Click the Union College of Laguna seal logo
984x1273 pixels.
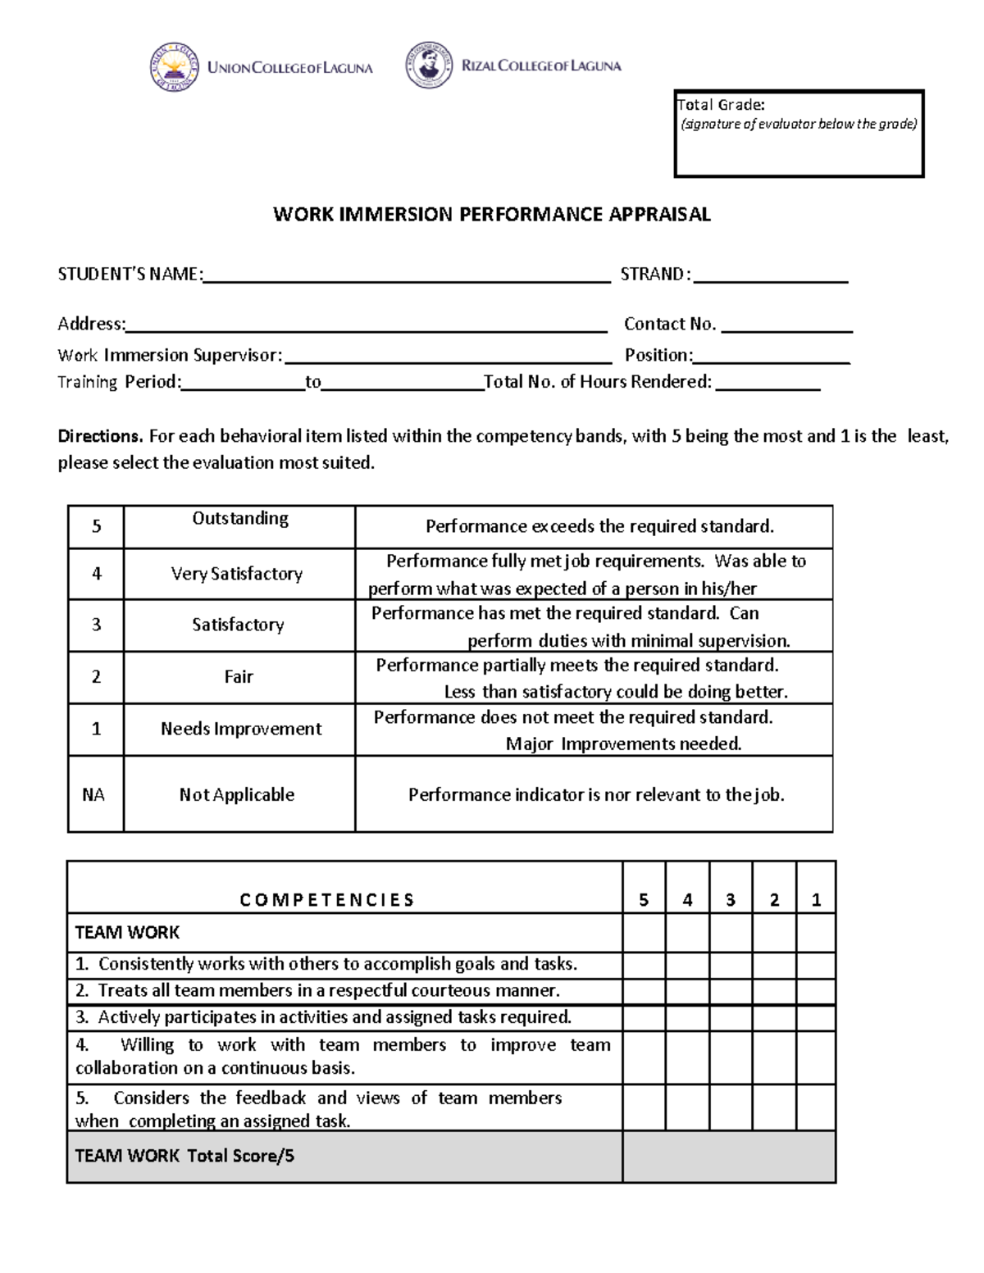pyautogui.click(x=174, y=66)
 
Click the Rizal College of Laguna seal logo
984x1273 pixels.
pyautogui.click(x=428, y=65)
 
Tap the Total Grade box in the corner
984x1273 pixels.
pyautogui.click(x=799, y=134)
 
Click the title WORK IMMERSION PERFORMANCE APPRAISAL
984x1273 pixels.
pyautogui.click(x=491, y=215)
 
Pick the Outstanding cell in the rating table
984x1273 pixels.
pyautogui.click(x=239, y=526)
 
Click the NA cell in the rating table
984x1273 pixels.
pyautogui.click(x=95, y=794)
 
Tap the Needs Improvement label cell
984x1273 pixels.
pyautogui.click(x=240, y=729)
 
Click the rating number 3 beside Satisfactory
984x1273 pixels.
pyautogui.click(x=96, y=625)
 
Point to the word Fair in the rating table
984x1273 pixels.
pyautogui.click(x=239, y=677)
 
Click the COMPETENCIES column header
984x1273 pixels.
pyautogui.click(x=327, y=900)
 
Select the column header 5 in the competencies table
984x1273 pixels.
pyautogui.click(x=644, y=900)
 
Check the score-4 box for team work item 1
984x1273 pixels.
pyautogui.click(x=687, y=964)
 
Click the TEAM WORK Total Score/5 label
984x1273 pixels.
pyautogui.click(x=184, y=1156)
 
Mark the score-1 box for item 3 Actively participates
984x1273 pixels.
pyautogui.click(x=815, y=1018)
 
